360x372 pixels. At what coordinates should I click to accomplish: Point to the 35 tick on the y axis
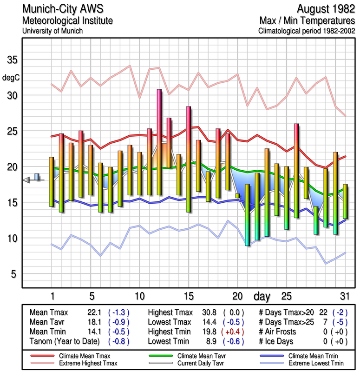tap(12, 60)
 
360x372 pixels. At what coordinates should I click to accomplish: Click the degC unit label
tap(11, 77)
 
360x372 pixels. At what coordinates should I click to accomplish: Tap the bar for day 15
tap(189, 159)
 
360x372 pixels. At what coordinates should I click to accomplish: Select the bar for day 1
tap(52, 181)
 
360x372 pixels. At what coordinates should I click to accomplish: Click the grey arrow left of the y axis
tap(26, 180)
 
